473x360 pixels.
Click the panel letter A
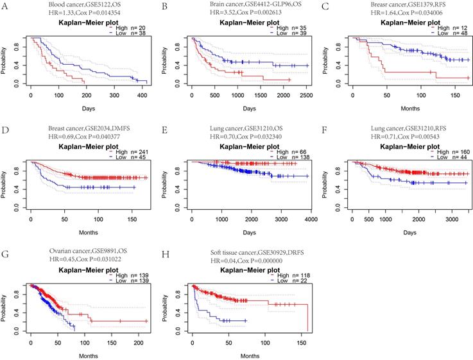4,6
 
